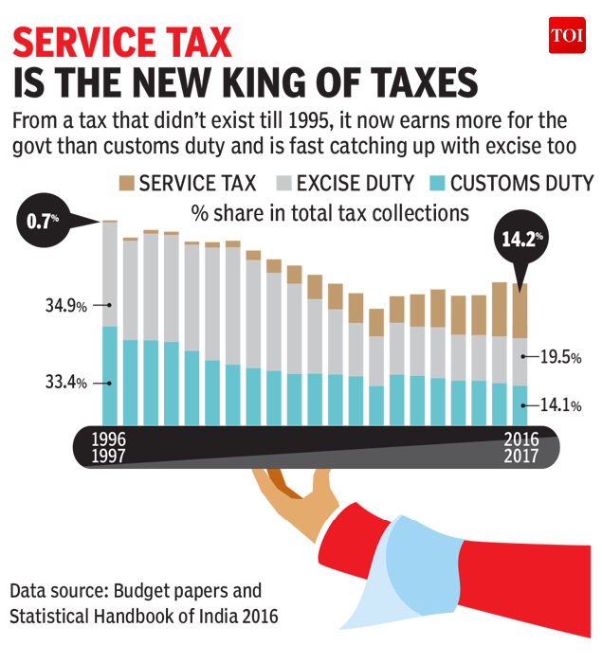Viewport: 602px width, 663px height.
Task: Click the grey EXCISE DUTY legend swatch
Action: click(288, 183)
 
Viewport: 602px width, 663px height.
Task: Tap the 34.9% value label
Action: click(64, 306)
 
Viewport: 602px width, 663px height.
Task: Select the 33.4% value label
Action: click(64, 383)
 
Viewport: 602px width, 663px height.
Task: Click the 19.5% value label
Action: click(559, 357)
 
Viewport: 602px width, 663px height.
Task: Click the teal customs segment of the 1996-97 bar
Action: click(110, 375)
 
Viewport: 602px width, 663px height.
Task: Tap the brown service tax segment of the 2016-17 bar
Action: click(520, 311)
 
